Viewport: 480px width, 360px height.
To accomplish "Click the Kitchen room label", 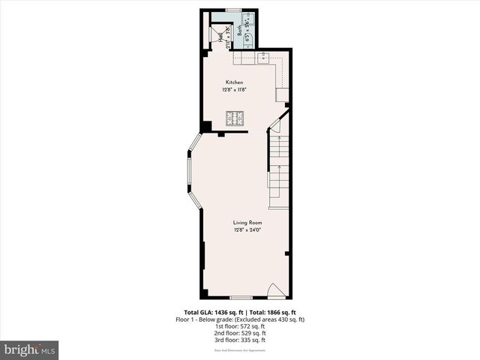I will [234, 82].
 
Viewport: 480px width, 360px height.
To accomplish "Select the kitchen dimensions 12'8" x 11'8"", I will [234, 90].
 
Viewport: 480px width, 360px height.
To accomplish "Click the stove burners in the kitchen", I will [235, 118].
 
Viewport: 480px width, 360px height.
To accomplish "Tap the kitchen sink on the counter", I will [265, 58].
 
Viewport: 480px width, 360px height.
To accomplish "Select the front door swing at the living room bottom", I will [276, 290].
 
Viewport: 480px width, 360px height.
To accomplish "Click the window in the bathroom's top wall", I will [233, 10].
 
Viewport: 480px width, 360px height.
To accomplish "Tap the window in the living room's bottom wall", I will [241, 298].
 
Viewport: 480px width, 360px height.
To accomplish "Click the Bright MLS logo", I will [30, 349].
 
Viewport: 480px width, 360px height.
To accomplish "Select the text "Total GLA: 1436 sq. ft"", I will [211, 312].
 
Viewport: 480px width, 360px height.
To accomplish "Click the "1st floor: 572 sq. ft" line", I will [240, 326].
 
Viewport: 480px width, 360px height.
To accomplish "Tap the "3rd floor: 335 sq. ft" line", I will [240, 340].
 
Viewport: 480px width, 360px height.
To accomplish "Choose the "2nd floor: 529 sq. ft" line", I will [240, 333].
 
